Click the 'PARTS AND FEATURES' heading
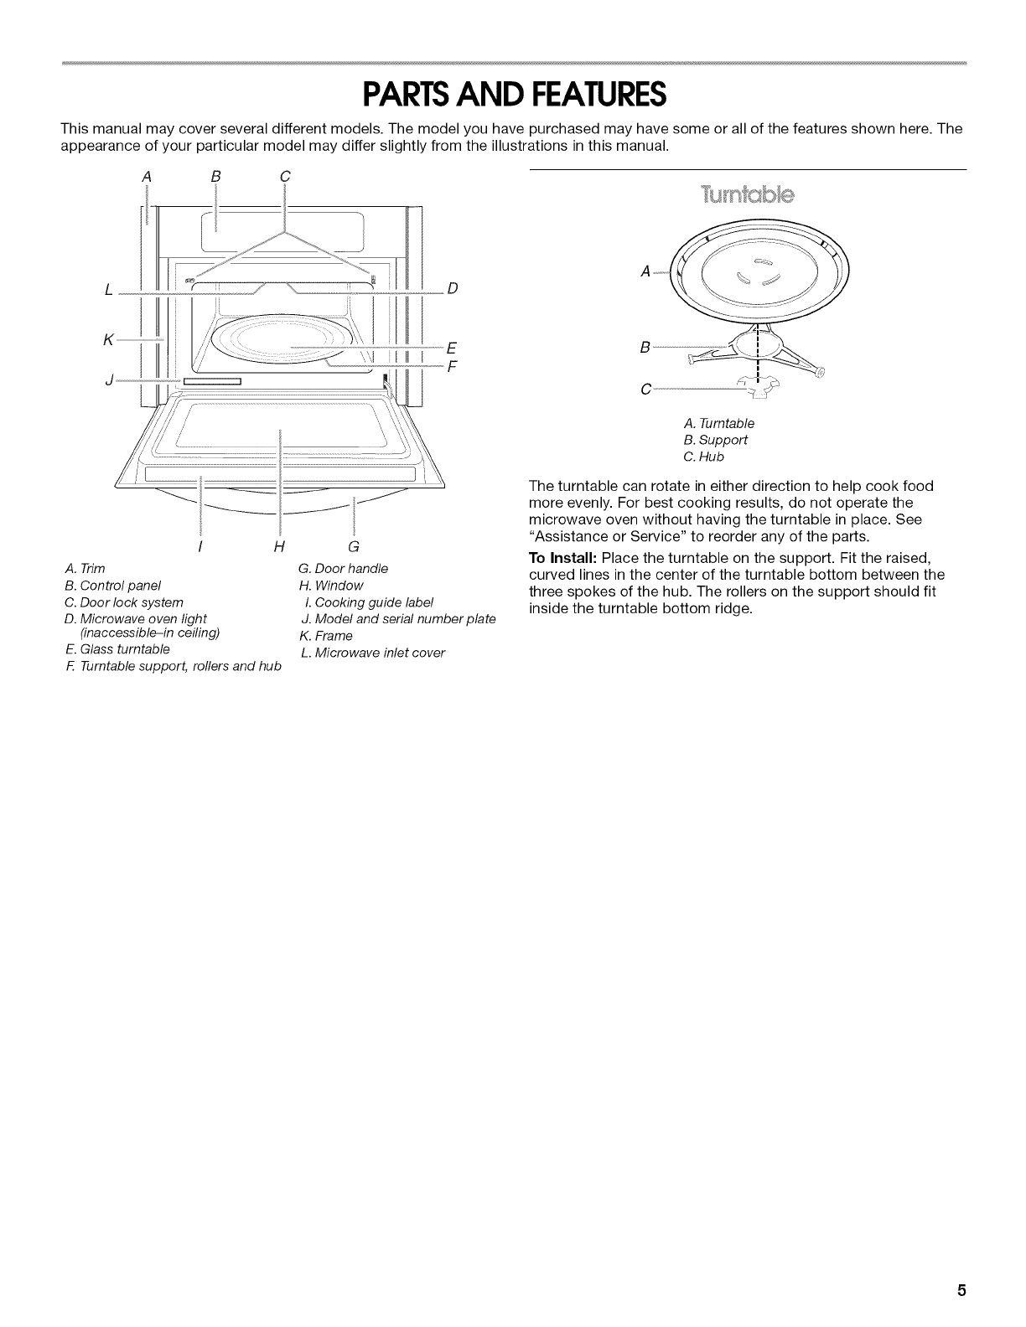[x=513, y=95]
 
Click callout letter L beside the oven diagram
[x=109, y=289]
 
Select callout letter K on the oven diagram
[x=108, y=338]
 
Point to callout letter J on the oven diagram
[x=108, y=382]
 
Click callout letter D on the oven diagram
[x=453, y=289]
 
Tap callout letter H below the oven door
[x=277, y=547]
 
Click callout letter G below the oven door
[x=353, y=547]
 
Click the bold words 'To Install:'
[x=562, y=558]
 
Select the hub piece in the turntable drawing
[x=759, y=385]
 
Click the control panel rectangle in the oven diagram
[x=280, y=225]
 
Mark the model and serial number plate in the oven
[x=212, y=382]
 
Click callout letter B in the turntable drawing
[x=644, y=346]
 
